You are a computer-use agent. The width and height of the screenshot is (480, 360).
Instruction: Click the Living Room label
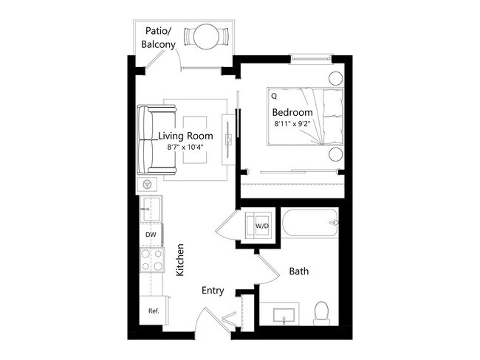(185, 136)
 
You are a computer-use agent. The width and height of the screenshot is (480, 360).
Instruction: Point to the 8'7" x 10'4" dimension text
(185, 148)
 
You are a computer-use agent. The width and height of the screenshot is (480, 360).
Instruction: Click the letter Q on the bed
(274, 96)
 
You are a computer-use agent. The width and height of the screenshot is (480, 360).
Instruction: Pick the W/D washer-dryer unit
(261, 225)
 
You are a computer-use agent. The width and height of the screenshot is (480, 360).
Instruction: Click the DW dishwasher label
(151, 235)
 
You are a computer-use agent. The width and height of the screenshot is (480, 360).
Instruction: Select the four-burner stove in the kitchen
(151, 260)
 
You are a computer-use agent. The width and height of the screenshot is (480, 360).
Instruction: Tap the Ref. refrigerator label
(154, 311)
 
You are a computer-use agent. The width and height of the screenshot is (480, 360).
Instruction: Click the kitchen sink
(151, 210)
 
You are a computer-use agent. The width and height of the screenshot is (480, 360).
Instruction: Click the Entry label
(213, 291)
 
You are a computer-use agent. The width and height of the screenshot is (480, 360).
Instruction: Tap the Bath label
(299, 271)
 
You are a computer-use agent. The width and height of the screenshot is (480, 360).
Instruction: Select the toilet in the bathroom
(322, 313)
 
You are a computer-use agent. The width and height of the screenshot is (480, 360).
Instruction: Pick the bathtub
(311, 224)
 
